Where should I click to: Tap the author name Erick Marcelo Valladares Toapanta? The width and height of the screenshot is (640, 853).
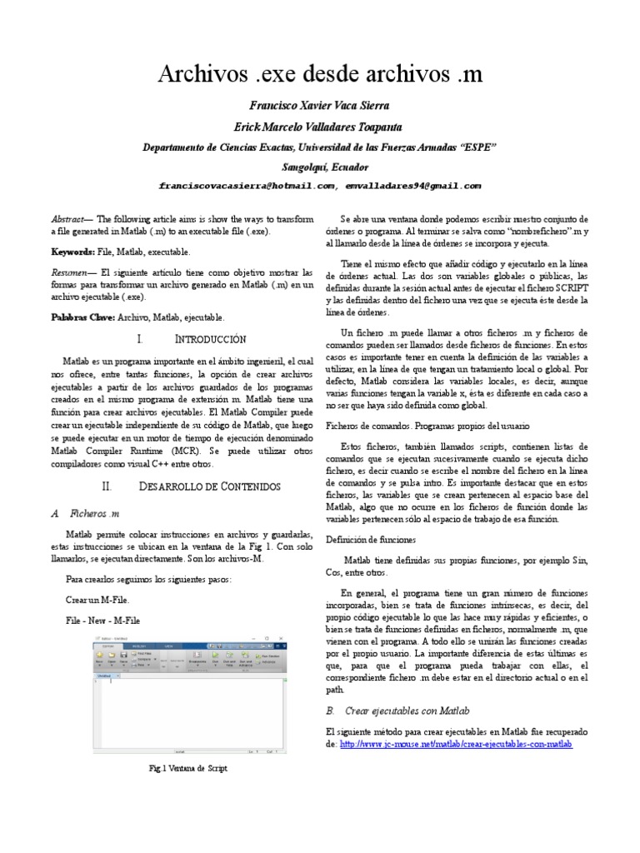[x=320, y=127]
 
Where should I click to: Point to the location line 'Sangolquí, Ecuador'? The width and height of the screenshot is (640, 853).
[x=320, y=165]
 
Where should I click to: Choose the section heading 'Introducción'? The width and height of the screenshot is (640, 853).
[x=210, y=339]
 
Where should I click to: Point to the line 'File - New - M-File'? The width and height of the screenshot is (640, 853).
[x=102, y=621]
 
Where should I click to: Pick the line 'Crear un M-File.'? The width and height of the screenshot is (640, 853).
[x=97, y=600]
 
